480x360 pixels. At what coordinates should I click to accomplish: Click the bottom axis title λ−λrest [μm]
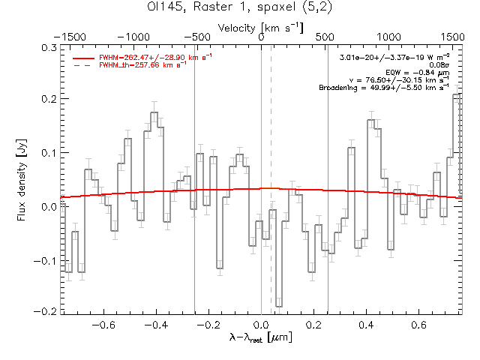tap(261, 338)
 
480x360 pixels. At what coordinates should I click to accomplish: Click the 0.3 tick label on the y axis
tap(47, 46)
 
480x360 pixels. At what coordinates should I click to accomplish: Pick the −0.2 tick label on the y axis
tap(45, 311)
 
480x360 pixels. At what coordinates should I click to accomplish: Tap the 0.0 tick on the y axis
tap(47, 205)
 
